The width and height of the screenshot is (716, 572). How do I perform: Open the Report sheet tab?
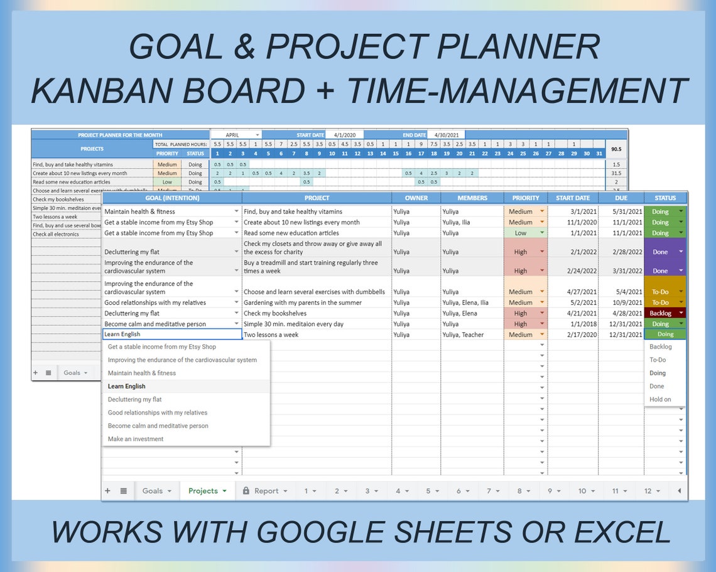click(266, 490)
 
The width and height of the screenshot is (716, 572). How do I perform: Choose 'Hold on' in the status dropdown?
click(660, 399)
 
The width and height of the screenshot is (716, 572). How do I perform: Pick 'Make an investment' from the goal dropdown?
click(136, 439)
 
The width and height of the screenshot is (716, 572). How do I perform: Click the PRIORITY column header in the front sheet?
click(526, 198)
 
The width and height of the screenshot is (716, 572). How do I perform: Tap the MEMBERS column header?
click(472, 198)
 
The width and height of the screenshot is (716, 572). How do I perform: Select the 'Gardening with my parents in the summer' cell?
click(303, 302)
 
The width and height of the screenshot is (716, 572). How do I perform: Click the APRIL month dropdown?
click(236, 135)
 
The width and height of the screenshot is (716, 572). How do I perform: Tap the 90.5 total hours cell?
click(616, 149)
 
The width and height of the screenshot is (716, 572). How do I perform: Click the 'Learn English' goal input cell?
click(172, 334)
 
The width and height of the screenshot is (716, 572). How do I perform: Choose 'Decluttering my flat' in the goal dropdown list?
click(134, 400)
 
